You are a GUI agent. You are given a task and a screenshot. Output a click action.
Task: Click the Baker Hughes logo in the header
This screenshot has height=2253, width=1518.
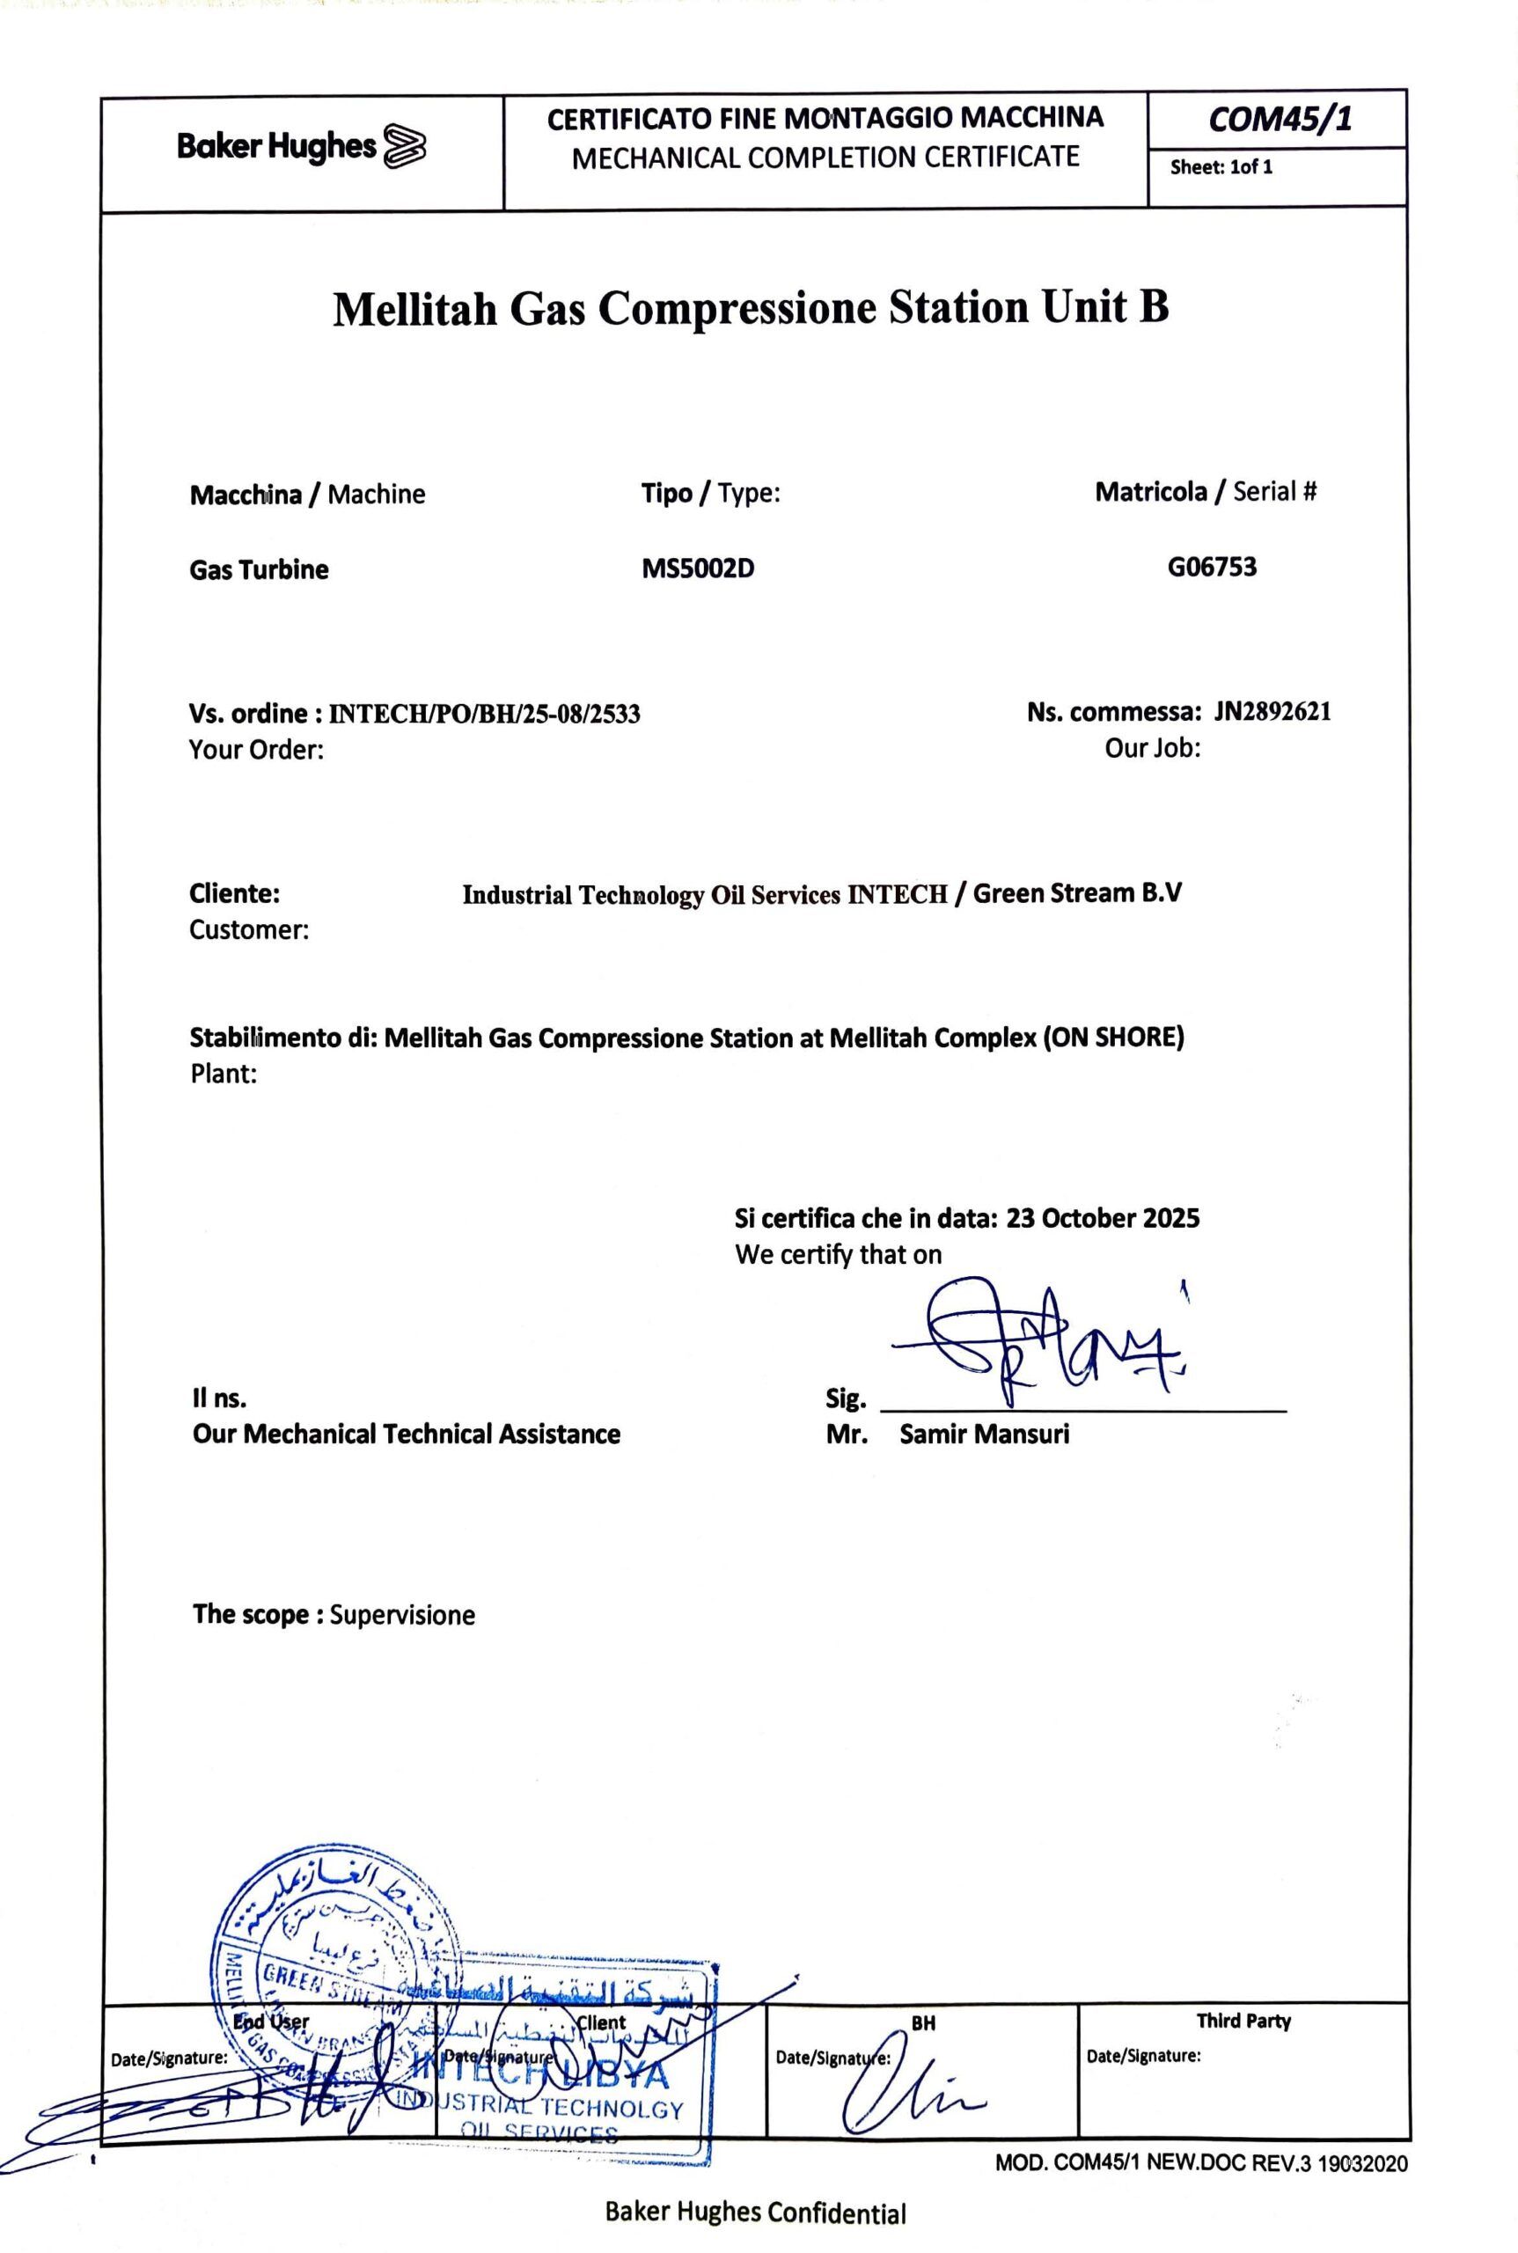coord(302,147)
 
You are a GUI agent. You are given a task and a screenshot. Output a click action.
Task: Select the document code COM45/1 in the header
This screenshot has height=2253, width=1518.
coord(1280,119)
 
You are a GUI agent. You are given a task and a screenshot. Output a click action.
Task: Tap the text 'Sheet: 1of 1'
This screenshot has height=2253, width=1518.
coord(1221,166)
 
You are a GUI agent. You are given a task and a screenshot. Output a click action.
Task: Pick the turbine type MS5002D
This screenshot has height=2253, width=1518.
coord(697,569)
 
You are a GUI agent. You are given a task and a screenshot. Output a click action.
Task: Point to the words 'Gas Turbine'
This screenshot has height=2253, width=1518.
coord(259,569)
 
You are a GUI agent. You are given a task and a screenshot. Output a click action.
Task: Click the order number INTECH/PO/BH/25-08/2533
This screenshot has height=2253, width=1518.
coord(484,715)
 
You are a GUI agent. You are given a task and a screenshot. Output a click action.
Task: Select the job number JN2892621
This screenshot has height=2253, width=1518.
coord(1272,712)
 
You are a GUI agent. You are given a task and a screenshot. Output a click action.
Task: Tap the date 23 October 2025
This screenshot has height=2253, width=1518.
coord(1102,1218)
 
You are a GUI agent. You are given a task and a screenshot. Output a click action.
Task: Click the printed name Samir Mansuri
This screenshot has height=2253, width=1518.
coord(984,1434)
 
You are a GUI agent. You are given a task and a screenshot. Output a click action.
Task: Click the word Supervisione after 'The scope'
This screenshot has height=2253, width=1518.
coord(402,1615)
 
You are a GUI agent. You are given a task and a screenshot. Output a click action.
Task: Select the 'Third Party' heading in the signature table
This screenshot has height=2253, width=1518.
coord(1243,2021)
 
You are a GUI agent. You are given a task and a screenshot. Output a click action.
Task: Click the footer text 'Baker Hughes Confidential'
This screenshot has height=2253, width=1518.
coord(755,2213)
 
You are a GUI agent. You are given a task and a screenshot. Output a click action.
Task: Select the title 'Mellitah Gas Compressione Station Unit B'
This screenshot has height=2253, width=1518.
coord(751,307)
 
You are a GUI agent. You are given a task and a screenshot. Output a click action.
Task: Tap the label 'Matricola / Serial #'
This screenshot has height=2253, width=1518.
coord(1206,492)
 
